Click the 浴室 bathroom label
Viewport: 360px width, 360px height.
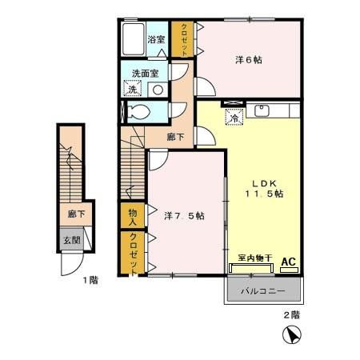[156, 40]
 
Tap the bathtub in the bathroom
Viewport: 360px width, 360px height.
[133, 39]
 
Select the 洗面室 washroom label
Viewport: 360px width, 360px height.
[146, 74]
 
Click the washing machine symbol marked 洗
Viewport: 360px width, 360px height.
[132, 89]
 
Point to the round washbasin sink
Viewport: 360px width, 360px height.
[158, 90]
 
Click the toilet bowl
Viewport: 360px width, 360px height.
[138, 112]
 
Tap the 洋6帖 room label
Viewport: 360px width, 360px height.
[249, 60]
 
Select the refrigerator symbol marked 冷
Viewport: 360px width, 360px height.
[234, 117]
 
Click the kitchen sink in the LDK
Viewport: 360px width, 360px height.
[262, 110]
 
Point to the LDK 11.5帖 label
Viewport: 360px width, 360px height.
[264, 189]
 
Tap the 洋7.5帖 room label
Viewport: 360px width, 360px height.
[184, 215]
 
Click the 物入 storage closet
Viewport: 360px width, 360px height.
[133, 215]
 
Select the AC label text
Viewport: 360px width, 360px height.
[289, 262]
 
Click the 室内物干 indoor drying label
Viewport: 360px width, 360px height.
[255, 258]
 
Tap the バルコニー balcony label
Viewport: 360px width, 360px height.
[263, 290]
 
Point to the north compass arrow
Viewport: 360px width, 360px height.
[294, 335]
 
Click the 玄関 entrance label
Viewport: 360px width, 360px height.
[71, 240]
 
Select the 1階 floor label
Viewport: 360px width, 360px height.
[90, 280]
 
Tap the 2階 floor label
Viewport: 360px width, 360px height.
[291, 315]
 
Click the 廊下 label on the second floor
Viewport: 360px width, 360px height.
[175, 137]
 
